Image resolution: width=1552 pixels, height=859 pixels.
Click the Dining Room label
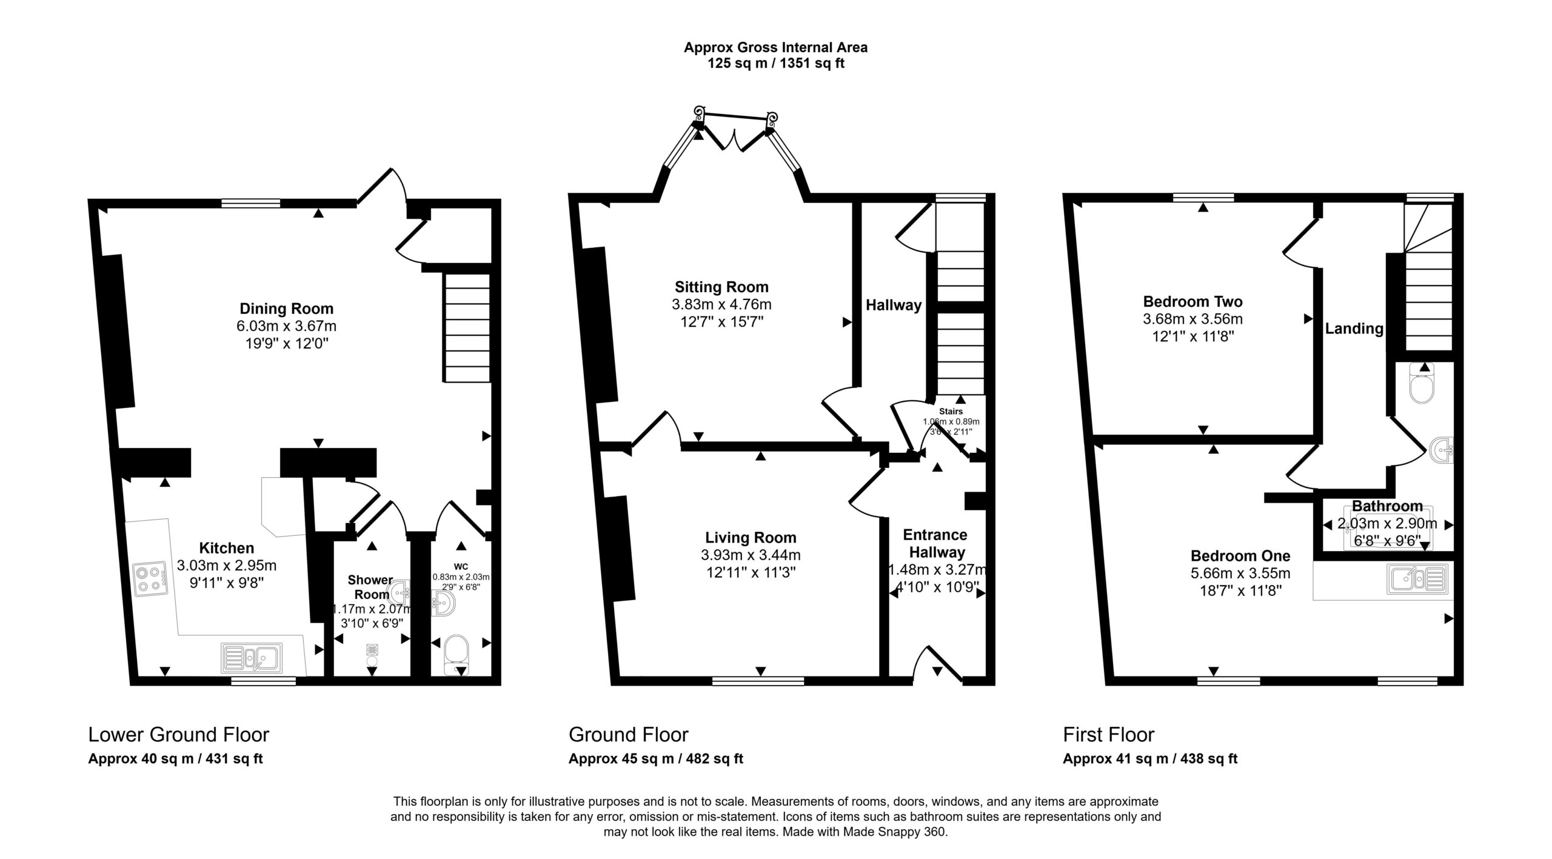[286, 309]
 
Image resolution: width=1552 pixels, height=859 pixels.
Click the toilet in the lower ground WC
[456, 655]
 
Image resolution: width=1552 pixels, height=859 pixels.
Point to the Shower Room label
[371, 587]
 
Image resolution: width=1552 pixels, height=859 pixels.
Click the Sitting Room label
[721, 287]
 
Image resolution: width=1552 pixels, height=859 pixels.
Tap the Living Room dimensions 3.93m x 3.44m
[751, 555]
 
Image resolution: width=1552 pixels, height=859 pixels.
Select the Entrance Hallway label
[935, 543]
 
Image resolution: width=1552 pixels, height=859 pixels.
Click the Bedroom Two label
[1192, 301]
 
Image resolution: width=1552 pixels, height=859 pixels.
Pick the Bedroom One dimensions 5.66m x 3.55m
[1240, 573]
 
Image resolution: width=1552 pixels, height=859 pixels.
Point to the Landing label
[1354, 329]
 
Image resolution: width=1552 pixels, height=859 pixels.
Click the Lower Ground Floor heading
[179, 735]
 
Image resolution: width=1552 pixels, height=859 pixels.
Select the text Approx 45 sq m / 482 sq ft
[656, 758]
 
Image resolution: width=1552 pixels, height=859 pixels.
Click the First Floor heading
[1109, 735]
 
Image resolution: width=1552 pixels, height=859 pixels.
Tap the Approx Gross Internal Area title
[776, 47]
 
